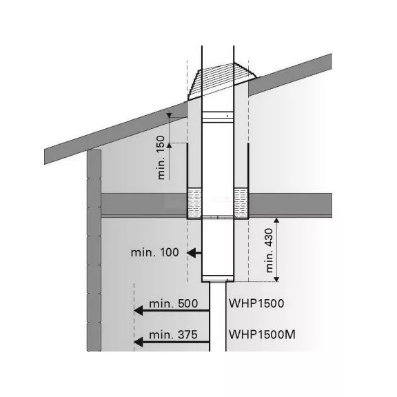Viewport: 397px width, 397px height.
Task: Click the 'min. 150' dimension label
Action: (161, 157)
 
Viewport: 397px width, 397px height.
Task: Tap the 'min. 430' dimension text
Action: (269, 250)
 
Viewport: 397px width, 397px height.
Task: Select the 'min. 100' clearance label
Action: (154, 252)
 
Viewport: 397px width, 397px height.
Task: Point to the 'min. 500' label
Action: (174, 303)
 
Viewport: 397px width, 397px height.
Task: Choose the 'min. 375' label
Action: (173, 335)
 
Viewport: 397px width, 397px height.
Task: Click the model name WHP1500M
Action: (262, 334)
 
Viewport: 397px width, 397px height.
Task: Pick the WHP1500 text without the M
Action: (256, 303)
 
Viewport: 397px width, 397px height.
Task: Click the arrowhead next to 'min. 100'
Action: (191, 253)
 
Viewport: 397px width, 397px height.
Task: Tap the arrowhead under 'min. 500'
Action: (139, 311)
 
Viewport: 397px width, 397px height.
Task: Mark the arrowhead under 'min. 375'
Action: (139, 343)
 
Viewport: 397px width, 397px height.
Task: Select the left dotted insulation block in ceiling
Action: (194, 203)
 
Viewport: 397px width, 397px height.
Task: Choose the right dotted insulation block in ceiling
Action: (241, 203)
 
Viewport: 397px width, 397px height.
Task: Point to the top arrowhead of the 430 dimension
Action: (276, 221)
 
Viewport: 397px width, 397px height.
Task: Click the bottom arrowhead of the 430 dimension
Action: (276, 279)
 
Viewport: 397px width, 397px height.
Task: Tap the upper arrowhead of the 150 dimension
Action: (169, 116)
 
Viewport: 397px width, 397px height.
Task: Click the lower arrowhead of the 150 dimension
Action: (169, 145)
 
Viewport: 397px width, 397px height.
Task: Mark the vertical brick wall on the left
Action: (94, 250)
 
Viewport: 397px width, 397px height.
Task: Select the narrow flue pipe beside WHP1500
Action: (218, 316)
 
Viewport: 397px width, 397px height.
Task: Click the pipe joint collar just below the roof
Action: (218, 116)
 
